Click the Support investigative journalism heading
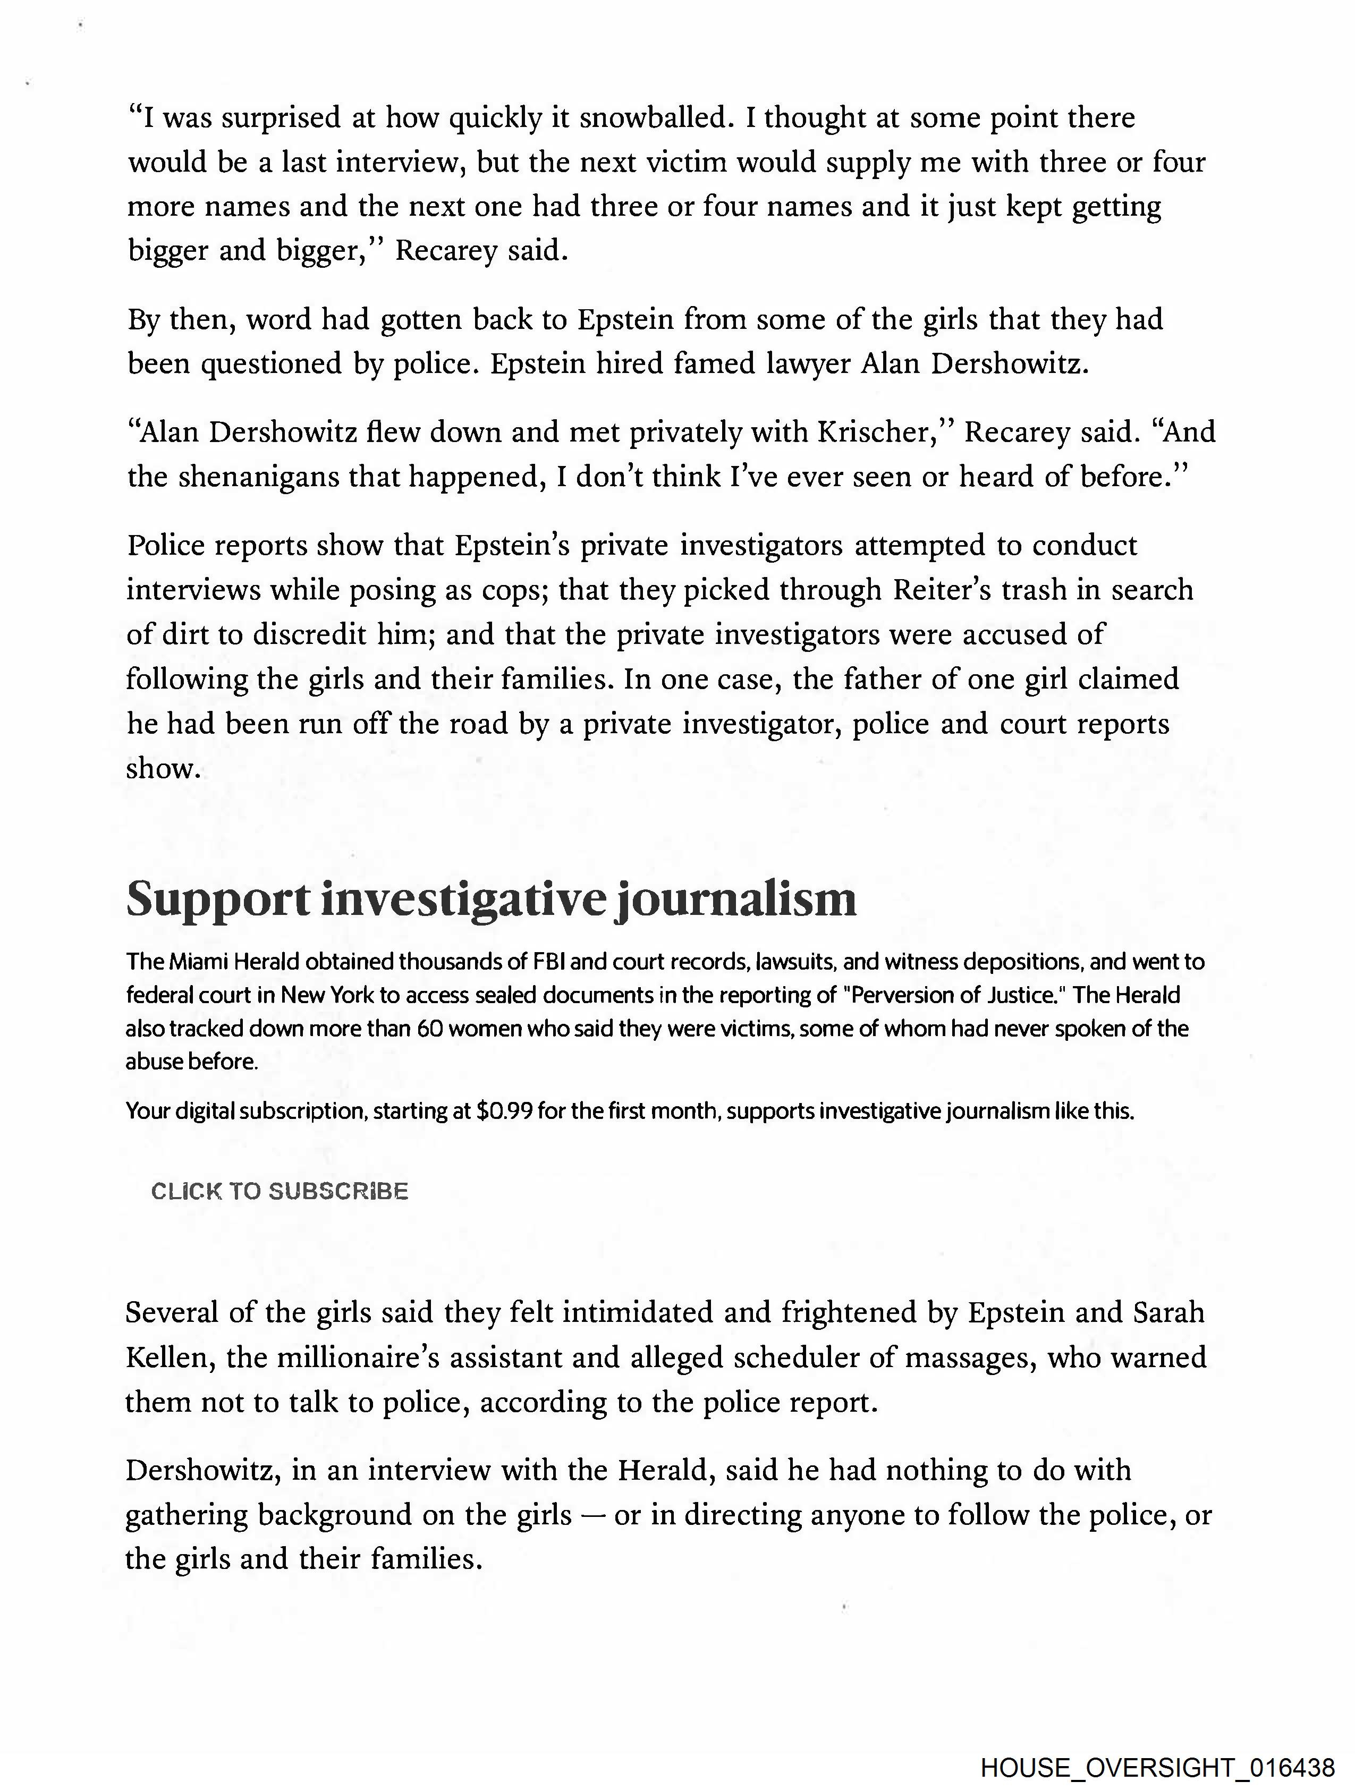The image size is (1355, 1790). coord(492,899)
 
